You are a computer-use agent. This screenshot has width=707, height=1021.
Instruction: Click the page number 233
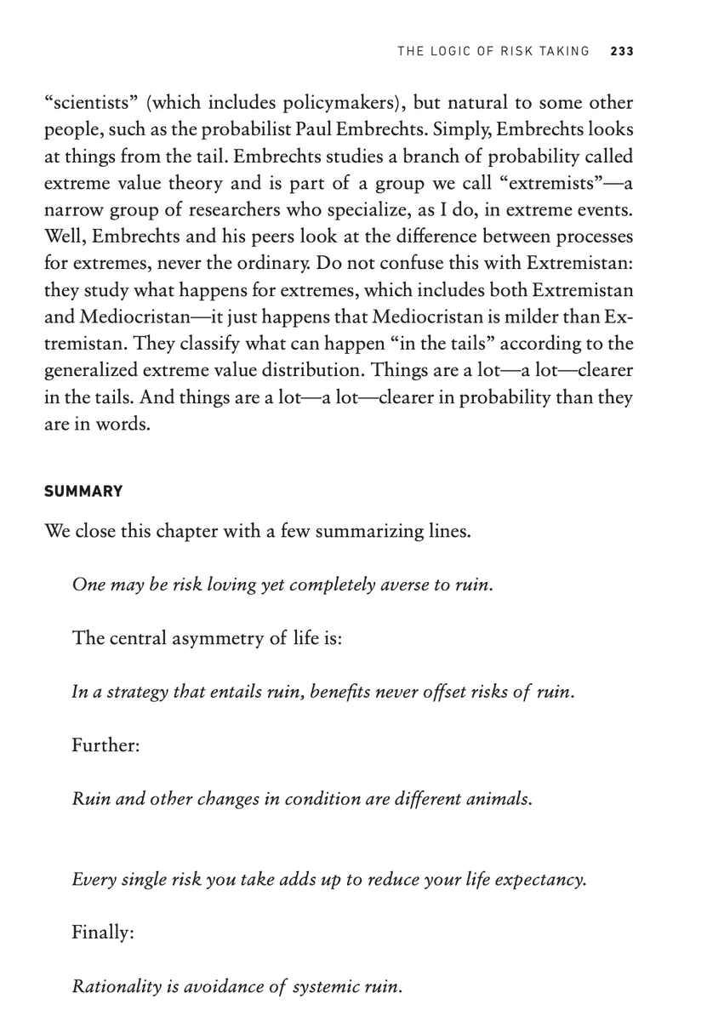(622, 51)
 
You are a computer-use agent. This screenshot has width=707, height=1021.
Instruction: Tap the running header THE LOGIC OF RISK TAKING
(493, 51)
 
